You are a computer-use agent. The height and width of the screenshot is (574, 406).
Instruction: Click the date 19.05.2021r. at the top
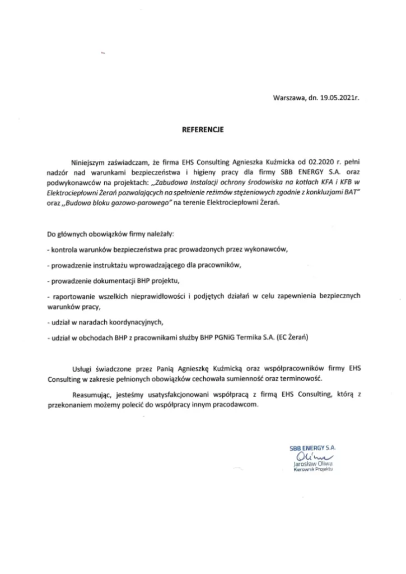[339, 97]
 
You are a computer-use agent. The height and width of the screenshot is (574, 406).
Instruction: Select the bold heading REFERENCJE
[203, 129]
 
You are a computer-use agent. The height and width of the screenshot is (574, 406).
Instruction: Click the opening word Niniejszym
[85, 160]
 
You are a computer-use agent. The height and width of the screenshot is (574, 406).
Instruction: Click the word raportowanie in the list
[74, 295]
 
